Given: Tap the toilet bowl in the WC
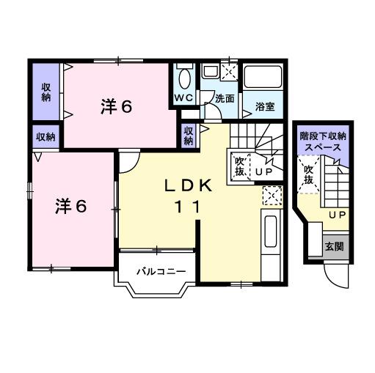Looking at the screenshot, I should pos(184,78).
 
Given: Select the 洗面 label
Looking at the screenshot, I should pos(224,99).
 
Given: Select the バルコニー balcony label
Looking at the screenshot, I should pos(160,271).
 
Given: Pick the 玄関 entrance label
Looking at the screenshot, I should pos(335,246).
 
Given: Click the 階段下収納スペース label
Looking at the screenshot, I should pos(323,141).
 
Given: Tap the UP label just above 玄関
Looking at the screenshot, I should pos(337,214).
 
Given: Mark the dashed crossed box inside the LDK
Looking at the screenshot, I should pos(270,196).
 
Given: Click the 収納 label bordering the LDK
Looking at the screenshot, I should pos(189,135).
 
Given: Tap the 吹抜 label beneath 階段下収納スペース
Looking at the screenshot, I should pos(309,176).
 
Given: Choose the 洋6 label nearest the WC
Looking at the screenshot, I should pos(116,107).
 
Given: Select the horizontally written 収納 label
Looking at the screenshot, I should pos(45,137).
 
